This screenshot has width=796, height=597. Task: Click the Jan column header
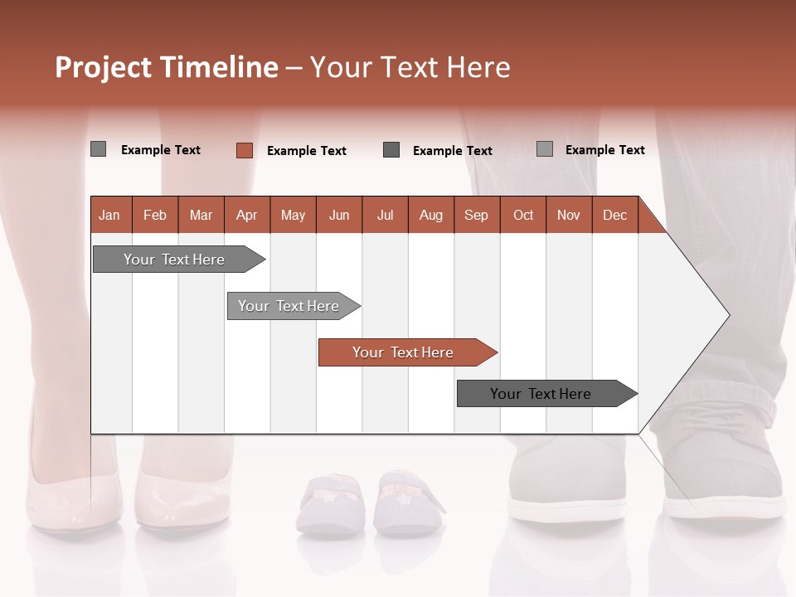(x=110, y=215)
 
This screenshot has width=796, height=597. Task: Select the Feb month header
(x=155, y=215)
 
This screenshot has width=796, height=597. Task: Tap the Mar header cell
(x=201, y=215)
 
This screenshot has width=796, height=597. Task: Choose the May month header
(x=293, y=215)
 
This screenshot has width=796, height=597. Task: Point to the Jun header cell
(x=339, y=215)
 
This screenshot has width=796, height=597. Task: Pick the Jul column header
(x=385, y=215)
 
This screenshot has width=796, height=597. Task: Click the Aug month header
(x=430, y=215)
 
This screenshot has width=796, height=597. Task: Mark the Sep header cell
(x=476, y=215)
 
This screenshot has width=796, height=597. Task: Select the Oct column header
(x=523, y=215)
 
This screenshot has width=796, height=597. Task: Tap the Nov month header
(x=569, y=215)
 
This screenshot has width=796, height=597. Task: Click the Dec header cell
(x=614, y=215)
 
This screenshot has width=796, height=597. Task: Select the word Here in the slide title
(x=478, y=67)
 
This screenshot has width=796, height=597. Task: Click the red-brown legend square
(x=244, y=150)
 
